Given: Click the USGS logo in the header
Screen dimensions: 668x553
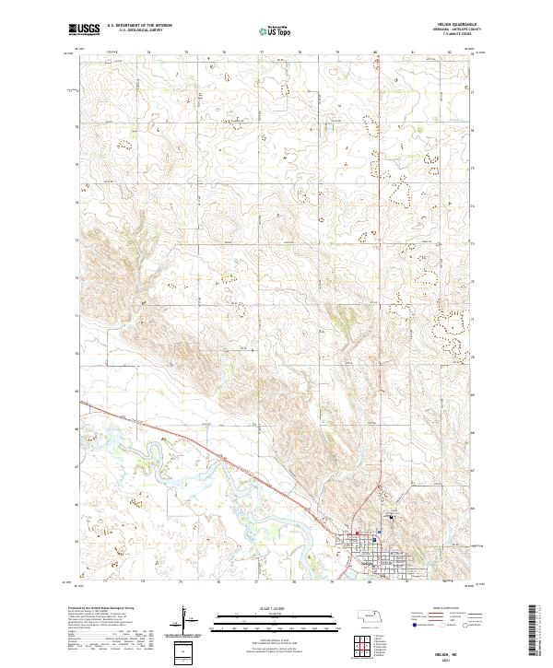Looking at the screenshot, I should point(84,29).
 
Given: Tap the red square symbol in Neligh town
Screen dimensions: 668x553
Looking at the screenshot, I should point(358,532).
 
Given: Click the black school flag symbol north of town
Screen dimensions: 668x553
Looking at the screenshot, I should point(390,517).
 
